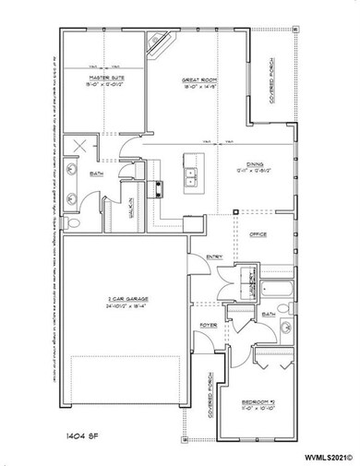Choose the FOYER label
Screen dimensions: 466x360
coord(209,326)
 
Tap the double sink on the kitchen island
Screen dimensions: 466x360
coord(191,173)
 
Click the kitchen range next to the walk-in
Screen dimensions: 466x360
coord(157,189)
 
